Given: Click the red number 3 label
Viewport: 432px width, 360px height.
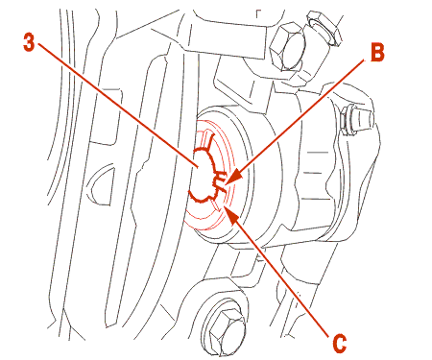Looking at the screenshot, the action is point(29,42).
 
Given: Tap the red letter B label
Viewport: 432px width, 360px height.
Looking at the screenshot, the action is point(377,52).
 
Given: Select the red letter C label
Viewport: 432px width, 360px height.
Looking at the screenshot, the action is point(339,343).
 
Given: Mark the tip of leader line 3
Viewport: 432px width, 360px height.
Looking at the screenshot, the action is point(199,167).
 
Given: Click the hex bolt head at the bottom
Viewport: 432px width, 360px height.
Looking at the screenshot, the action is point(226,329).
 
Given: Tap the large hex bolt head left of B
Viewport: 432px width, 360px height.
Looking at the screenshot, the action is point(286,47).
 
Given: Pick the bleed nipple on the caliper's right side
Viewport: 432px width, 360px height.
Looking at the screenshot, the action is point(357,121).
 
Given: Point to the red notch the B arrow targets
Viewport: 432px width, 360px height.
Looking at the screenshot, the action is point(219,180).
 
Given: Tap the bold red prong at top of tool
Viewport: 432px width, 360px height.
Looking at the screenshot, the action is point(208,141).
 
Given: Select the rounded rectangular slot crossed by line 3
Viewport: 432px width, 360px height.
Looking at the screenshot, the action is point(106,117).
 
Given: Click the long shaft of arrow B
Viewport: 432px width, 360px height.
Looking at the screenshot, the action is point(301,117).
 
